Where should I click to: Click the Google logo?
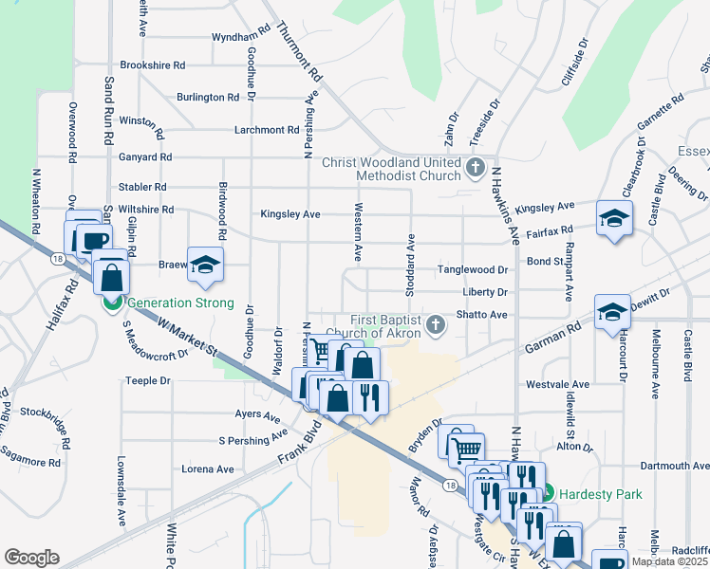[32, 558]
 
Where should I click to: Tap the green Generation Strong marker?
[111, 303]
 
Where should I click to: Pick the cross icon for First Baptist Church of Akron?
[435, 325]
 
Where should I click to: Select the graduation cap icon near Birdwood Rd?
[204, 266]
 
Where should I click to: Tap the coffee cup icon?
[94, 241]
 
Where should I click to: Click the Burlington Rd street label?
[207, 98]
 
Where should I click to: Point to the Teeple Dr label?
[147, 381]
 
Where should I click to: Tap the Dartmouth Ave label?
[675, 467]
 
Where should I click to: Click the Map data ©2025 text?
[668, 561]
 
